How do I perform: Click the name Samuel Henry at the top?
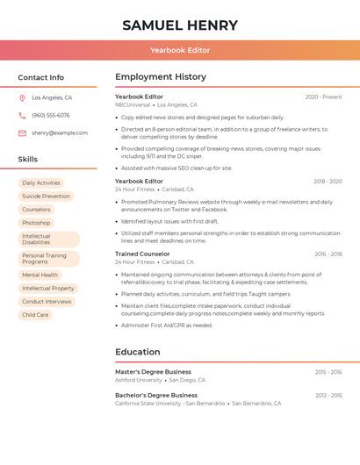(x=180, y=25)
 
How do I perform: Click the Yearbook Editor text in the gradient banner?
(x=180, y=50)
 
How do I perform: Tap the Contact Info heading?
(x=41, y=77)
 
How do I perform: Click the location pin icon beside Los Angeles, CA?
(x=22, y=97)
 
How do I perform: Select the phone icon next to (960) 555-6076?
(x=22, y=115)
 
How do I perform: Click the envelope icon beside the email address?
(x=22, y=133)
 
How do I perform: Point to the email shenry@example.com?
(x=60, y=133)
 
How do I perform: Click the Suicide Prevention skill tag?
(x=46, y=197)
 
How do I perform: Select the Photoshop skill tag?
(x=36, y=223)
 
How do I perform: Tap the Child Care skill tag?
(x=35, y=315)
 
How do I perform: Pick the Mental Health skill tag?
(x=40, y=275)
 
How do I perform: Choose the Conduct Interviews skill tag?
(x=47, y=302)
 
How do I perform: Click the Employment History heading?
(x=161, y=77)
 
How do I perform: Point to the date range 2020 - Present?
(x=323, y=97)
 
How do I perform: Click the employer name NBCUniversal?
(x=133, y=105)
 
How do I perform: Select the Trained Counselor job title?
(x=142, y=254)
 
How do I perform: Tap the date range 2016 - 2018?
(x=328, y=254)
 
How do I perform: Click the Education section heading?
(x=138, y=352)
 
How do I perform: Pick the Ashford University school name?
(x=139, y=380)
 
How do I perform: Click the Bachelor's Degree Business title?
(x=156, y=395)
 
